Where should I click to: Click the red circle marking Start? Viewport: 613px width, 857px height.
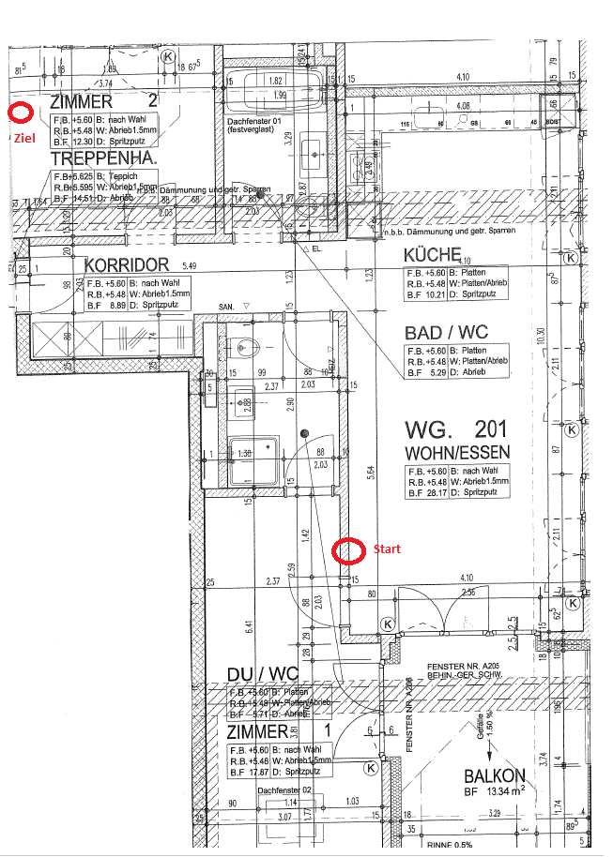tap(348, 551)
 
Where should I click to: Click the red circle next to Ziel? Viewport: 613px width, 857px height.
tap(20, 113)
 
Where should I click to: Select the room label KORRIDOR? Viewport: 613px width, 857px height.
tap(126, 265)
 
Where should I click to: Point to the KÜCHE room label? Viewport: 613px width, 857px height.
tap(432, 255)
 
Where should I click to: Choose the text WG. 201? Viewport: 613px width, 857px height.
tap(455, 430)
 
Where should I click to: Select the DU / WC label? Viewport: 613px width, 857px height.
tap(263, 675)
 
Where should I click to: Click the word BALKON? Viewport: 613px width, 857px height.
tap(494, 776)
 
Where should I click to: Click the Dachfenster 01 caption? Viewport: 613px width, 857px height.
tap(254, 123)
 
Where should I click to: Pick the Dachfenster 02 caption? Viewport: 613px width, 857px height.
tap(283, 790)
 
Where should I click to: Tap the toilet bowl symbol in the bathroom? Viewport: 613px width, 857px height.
tap(247, 348)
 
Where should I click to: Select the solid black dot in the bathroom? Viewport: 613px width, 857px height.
tap(304, 433)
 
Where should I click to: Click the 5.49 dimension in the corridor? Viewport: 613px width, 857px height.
tap(191, 265)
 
